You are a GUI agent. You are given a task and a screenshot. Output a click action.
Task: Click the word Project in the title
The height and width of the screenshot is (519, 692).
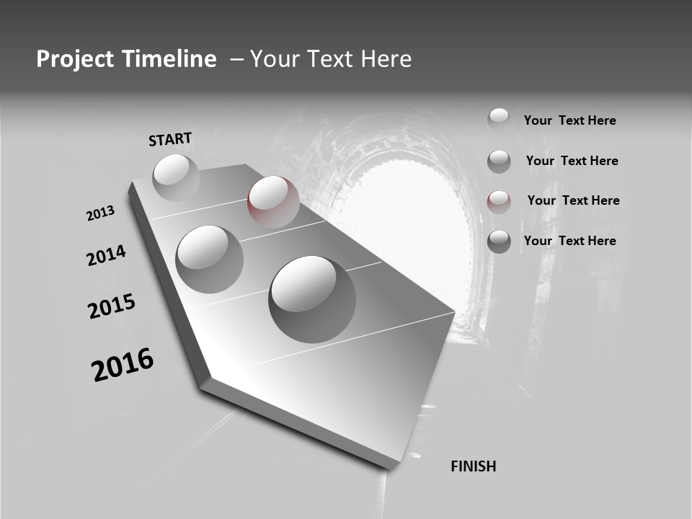75,59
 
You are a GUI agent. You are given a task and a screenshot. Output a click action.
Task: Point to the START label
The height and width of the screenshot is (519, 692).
170,139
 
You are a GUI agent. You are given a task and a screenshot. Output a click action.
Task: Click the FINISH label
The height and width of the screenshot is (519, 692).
474,466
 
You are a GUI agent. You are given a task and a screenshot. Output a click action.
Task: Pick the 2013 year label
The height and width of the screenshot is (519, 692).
101,213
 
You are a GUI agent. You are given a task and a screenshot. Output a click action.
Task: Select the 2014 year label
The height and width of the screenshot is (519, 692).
107,256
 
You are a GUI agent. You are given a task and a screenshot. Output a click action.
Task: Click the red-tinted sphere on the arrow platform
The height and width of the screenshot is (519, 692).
273,201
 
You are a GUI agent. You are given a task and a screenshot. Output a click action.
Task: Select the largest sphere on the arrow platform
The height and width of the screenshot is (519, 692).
311,298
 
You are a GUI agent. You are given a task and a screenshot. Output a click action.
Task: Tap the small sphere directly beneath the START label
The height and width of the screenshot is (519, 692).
176,177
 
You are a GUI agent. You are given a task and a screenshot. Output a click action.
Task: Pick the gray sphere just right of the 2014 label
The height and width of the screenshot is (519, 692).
209,259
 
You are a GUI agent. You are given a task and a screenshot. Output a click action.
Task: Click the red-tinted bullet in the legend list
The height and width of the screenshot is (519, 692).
499,201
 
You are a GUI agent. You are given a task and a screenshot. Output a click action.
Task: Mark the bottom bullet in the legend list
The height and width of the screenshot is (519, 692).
499,241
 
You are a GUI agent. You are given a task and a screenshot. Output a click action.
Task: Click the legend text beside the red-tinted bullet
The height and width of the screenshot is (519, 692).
573,200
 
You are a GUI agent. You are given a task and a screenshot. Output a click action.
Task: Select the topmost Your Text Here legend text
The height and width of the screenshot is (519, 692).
570,120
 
